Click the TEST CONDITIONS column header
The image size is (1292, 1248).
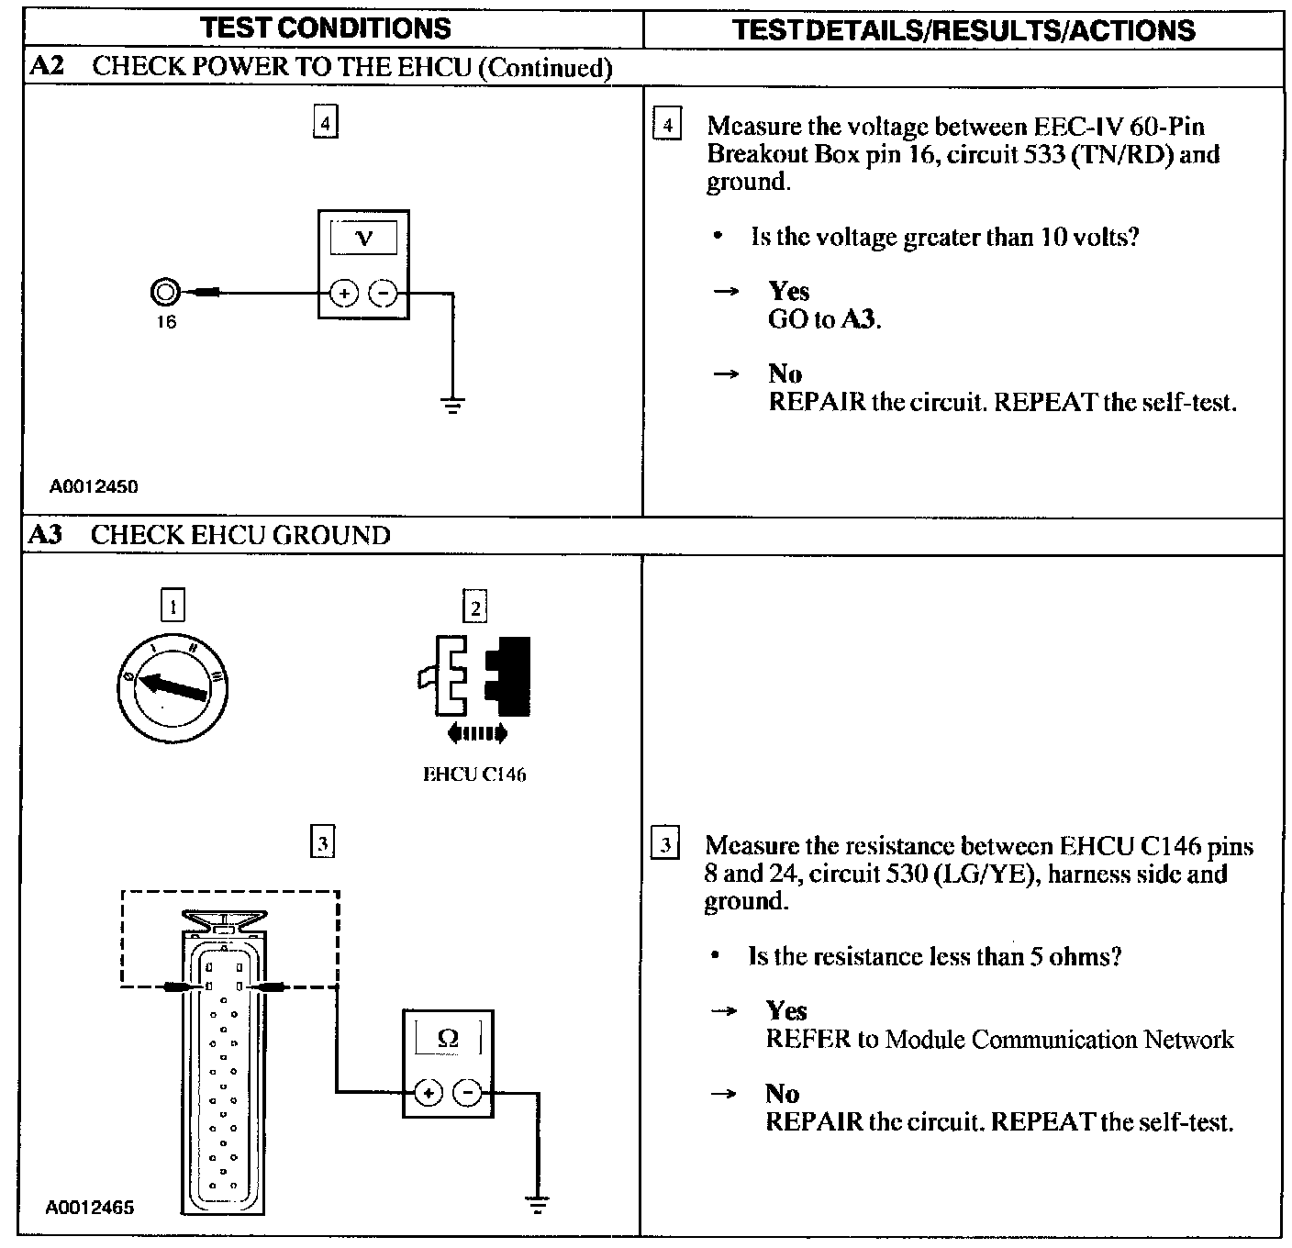click(x=326, y=28)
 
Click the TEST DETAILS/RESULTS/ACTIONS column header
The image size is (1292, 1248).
click(x=963, y=30)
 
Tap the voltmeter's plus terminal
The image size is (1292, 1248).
click(x=343, y=294)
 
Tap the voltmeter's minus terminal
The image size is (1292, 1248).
click(x=383, y=294)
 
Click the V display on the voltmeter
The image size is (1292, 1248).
click(x=363, y=239)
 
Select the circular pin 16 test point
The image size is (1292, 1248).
click(x=165, y=293)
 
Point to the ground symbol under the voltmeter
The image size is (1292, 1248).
click(x=452, y=405)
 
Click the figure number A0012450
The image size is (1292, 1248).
click(x=94, y=487)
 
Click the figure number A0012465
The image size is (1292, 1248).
click(x=91, y=1208)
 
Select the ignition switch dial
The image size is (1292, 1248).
click(x=174, y=687)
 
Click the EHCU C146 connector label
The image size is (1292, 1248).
click(x=474, y=774)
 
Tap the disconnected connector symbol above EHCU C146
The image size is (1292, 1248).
click(x=474, y=675)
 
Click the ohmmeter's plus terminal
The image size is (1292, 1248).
click(x=429, y=1092)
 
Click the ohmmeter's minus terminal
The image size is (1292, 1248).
click(x=468, y=1092)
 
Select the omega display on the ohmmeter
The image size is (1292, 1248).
click(x=448, y=1038)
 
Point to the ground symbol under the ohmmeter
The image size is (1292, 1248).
click(x=538, y=1204)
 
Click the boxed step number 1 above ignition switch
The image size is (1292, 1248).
click(x=173, y=606)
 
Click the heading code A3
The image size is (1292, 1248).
click(x=45, y=535)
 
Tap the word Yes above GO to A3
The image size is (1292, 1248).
click(x=788, y=291)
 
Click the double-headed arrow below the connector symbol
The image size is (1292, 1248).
click(x=475, y=732)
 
